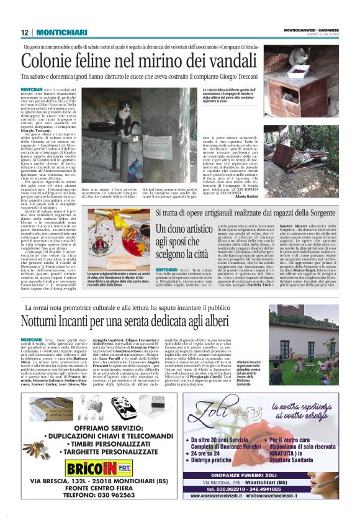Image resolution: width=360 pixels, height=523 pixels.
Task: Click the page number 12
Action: [24, 32]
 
